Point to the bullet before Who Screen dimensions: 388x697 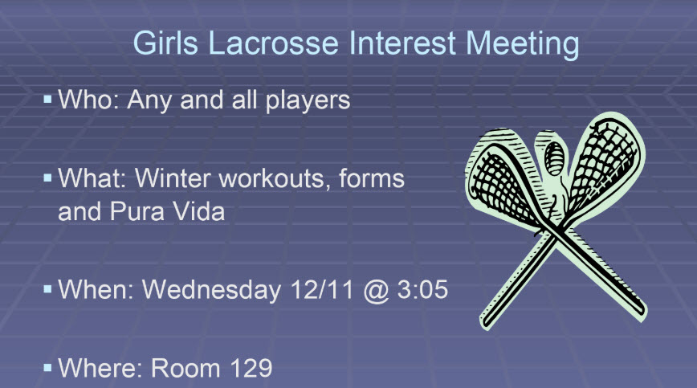tap(47, 100)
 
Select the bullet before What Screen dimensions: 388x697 tap(47, 177)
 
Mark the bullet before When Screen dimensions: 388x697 tap(47, 288)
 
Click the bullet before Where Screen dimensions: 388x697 tap(47, 367)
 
